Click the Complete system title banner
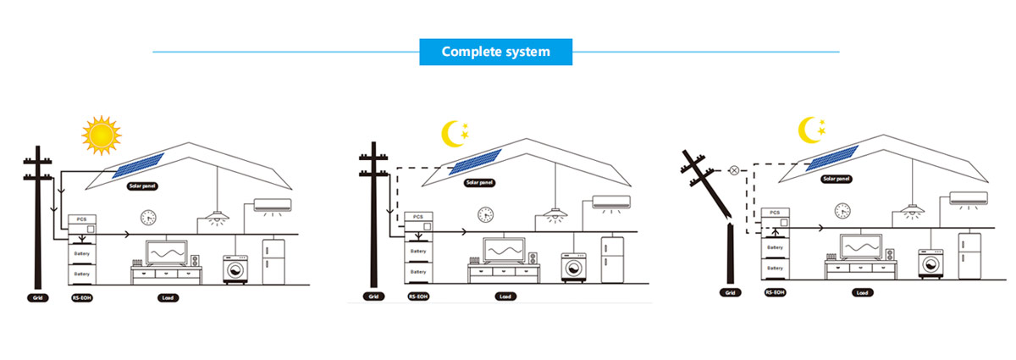click(x=496, y=52)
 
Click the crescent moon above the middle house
click(x=453, y=132)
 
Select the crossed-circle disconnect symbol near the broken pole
click(x=733, y=170)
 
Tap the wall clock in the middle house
click(x=485, y=214)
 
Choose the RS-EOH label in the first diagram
click(x=81, y=298)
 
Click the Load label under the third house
click(x=862, y=292)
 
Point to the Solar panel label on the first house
click(x=142, y=185)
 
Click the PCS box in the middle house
click(x=417, y=217)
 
